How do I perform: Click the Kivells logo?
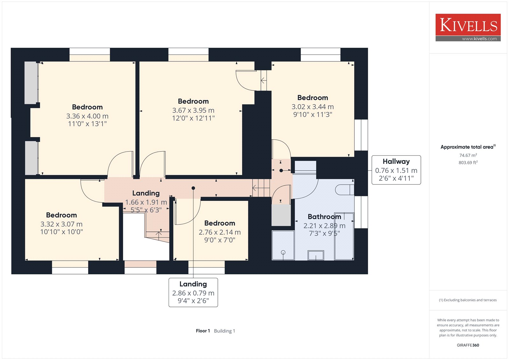468,27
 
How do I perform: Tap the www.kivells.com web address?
479,39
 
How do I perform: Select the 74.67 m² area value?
468,155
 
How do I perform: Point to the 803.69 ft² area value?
468,162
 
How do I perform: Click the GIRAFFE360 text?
468,345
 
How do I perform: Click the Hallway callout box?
396,170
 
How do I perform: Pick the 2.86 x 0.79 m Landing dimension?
193,293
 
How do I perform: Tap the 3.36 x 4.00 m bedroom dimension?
87,116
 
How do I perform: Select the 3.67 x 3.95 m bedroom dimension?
193,110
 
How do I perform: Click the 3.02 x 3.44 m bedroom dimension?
313,107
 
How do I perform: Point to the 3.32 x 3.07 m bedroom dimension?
61,224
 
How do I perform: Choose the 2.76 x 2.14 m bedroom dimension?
220,232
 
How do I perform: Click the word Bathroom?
324,216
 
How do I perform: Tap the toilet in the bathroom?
345,190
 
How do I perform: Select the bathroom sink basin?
316,255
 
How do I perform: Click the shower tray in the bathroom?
283,245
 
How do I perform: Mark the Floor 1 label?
203,331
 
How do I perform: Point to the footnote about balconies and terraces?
468,300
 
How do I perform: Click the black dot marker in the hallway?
281,170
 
